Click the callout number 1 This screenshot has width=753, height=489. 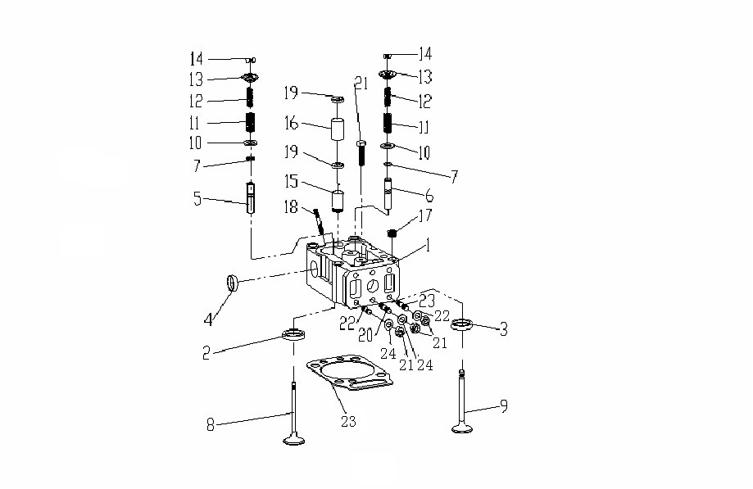pyautogui.click(x=428, y=246)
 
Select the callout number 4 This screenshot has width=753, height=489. pyautogui.click(x=208, y=319)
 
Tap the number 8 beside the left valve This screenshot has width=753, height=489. pyautogui.click(x=211, y=424)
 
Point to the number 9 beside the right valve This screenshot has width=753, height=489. pyautogui.click(x=504, y=406)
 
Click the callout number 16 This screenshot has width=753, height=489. pyautogui.click(x=292, y=124)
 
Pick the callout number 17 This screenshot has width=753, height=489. pyautogui.click(x=425, y=216)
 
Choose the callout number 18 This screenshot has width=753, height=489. pyautogui.click(x=291, y=207)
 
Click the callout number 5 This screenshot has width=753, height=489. pyautogui.click(x=197, y=199)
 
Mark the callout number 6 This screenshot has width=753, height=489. pyautogui.click(x=429, y=196)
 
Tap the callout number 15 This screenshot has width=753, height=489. pyautogui.click(x=292, y=181)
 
